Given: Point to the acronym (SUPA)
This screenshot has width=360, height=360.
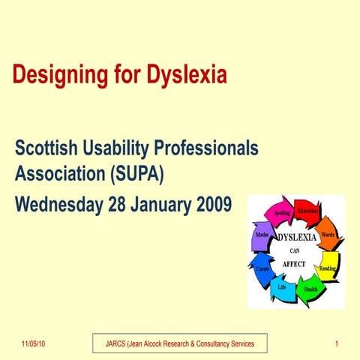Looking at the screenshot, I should point(136,175).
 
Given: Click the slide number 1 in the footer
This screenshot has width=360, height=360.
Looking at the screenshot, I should point(337,343).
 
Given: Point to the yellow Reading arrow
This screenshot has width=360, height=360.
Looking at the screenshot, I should point(328,267).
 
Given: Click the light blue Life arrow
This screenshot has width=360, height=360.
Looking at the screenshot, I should point(282,287).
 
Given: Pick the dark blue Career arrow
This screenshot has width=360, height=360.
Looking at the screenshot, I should point(262,268).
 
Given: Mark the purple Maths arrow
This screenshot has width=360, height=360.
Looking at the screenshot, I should point(262,235).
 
